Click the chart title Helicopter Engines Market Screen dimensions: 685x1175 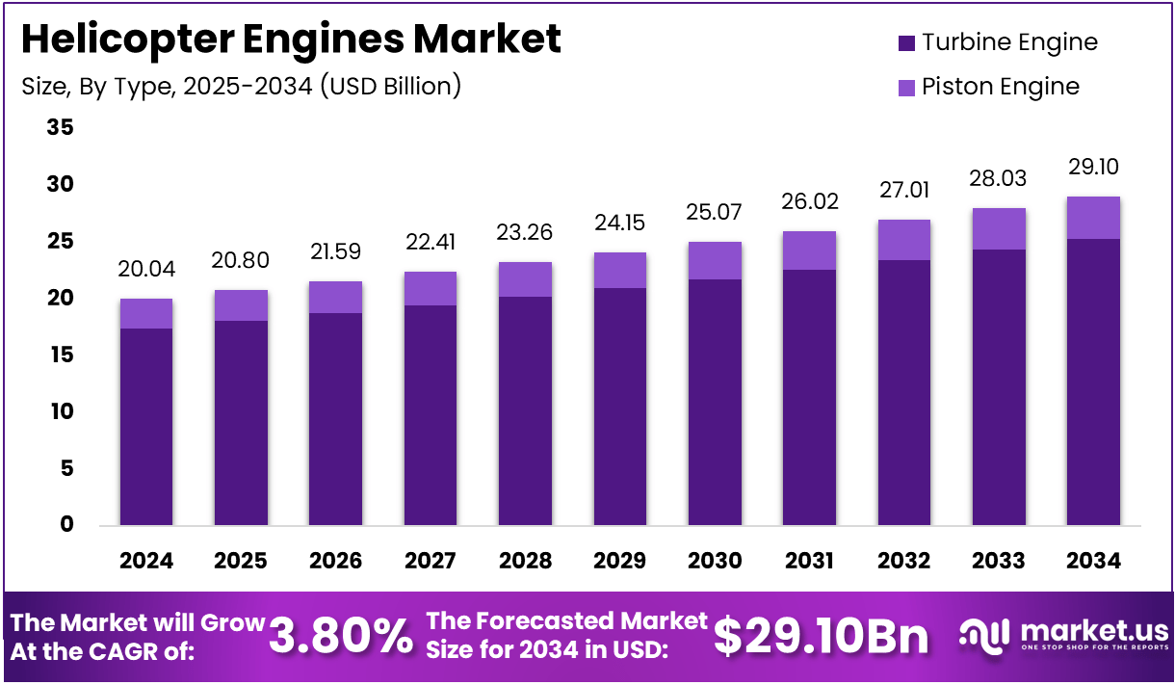(x=290, y=39)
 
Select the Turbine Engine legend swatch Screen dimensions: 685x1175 (x=905, y=43)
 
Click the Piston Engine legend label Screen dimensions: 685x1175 (x=1000, y=87)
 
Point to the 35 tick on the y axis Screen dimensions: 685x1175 (x=59, y=127)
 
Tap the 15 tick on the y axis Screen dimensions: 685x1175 (x=59, y=355)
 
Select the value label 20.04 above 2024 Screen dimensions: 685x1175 (x=145, y=269)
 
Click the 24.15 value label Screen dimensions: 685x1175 (x=619, y=223)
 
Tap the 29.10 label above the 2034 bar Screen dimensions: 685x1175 (x=1092, y=167)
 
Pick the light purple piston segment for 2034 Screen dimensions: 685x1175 (x=1092, y=218)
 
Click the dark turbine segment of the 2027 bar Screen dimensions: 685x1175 (x=430, y=414)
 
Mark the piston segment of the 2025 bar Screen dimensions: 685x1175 (x=241, y=305)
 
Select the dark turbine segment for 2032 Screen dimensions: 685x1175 (x=903, y=392)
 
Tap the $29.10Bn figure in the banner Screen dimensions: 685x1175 (x=821, y=637)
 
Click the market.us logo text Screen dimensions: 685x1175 (x=1093, y=632)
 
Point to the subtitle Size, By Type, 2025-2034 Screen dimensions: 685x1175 (x=241, y=87)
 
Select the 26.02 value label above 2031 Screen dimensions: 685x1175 (x=809, y=201)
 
